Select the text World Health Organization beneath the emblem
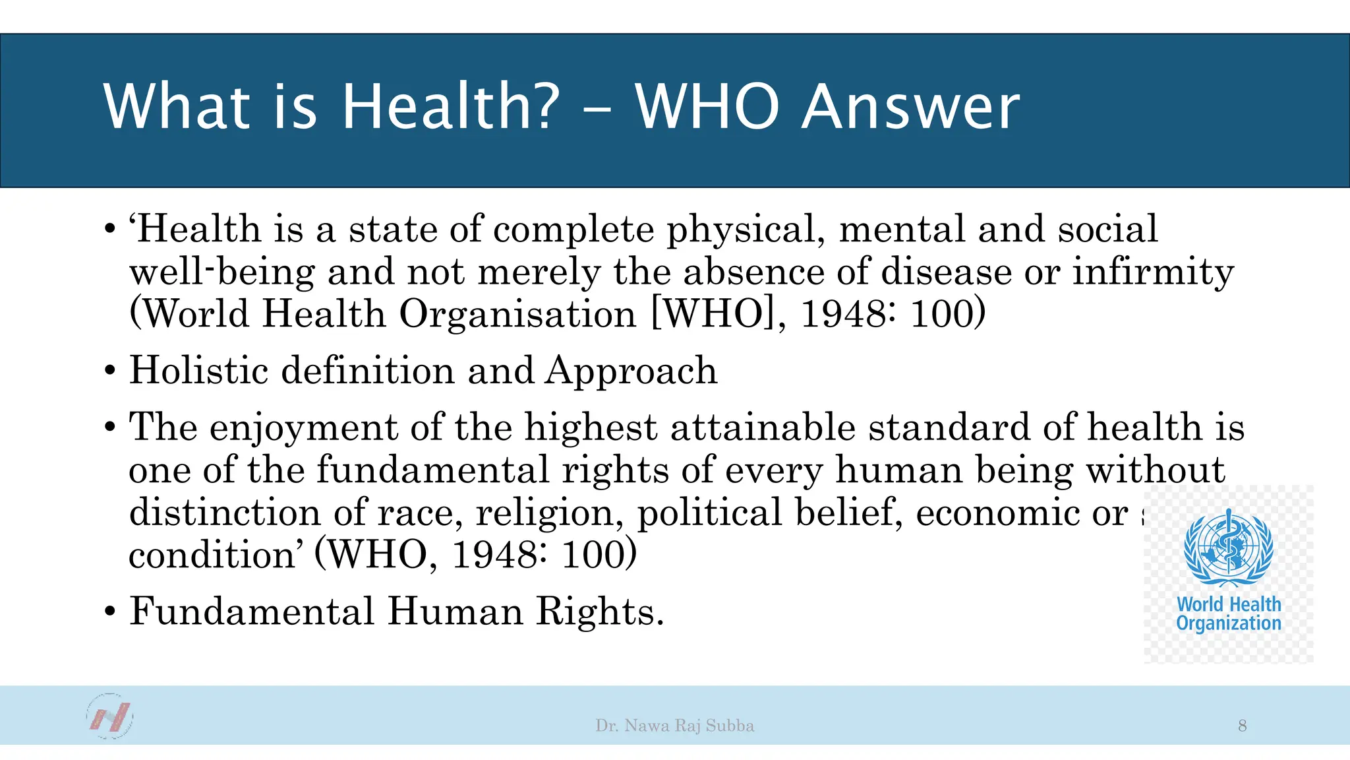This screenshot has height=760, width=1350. [x=1229, y=614]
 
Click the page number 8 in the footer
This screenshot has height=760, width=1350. [x=1242, y=726]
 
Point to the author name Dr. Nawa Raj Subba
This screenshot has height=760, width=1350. [x=674, y=726]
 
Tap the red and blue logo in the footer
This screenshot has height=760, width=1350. [x=109, y=716]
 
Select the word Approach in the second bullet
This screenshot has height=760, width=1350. [x=631, y=371]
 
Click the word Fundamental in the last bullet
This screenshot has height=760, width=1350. [x=251, y=611]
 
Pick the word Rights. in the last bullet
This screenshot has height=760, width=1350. [x=599, y=611]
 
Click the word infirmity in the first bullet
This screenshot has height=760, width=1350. [x=1153, y=272]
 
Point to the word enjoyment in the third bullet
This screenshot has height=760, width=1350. [x=303, y=427]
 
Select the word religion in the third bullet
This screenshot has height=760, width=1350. [x=549, y=513]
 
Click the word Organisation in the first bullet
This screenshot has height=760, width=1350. [x=518, y=314]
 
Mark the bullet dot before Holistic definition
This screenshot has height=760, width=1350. [x=110, y=371]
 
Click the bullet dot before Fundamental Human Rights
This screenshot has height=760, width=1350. [x=110, y=612]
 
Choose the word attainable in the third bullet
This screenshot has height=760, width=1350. [x=763, y=427]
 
